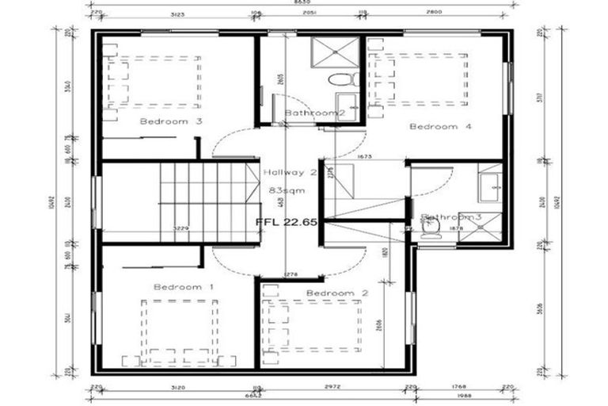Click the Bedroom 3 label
click(171, 121)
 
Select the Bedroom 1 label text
click(184, 286)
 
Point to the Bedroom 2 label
click(337, 293)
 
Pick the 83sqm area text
click(283, 190)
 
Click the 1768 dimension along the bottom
click(458, 388)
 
